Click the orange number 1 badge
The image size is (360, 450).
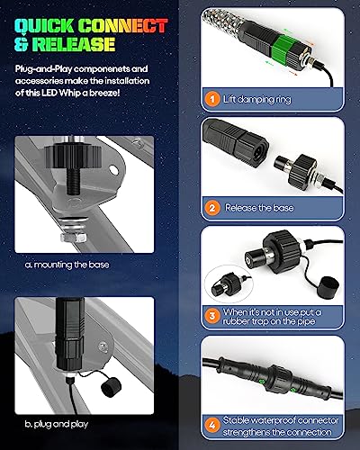click(212, 99)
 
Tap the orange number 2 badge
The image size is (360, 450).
click(212, 208)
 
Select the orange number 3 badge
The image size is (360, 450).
click(212, 316)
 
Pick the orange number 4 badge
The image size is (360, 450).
click(212, 426)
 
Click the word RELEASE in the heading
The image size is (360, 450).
click(73, 44)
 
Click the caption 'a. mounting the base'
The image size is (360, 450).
click(67, 265)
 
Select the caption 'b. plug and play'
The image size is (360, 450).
click(57, 424)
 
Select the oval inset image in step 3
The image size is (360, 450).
click(229, 283)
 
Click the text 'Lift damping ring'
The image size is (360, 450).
click(257, 99)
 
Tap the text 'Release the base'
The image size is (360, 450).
click(259, 208)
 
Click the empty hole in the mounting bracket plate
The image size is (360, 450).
click(113, 170)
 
